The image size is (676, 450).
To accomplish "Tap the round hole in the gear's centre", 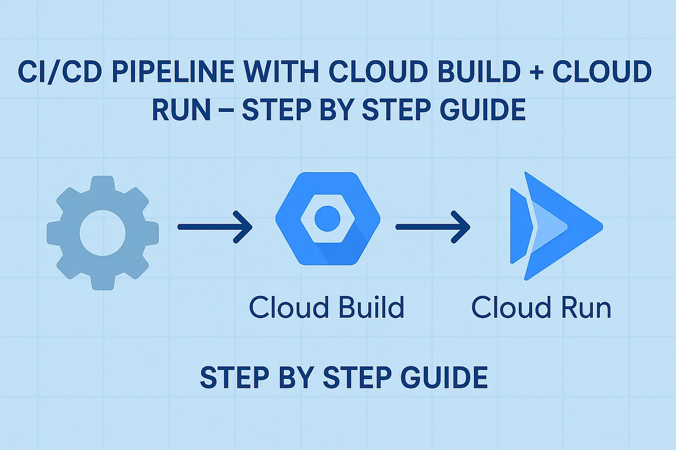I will coord(103,233).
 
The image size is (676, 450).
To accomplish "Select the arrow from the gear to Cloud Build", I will coord(215,227).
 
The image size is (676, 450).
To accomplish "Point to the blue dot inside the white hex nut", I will coord(328,218).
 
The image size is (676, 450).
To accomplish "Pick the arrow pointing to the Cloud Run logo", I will coord(433,227).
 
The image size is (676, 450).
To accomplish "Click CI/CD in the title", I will coord(60,72).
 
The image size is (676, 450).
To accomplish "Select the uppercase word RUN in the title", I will coord(181,110).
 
